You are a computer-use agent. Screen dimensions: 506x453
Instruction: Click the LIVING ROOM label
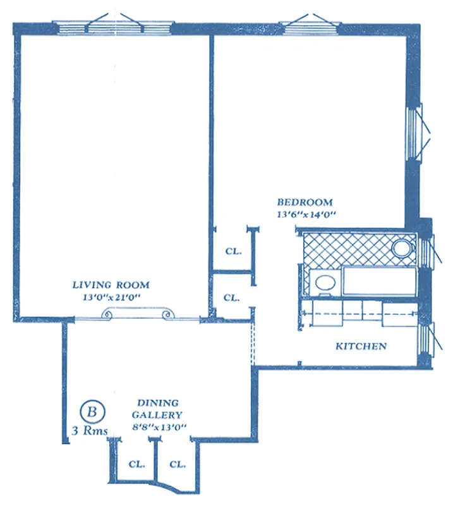tap(110, 285)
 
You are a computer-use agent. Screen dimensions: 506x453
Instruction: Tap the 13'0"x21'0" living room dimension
tap(110, 296)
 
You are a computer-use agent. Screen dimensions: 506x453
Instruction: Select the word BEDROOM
tap(305, 202)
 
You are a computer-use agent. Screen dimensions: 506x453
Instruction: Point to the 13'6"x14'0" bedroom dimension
tap(305, 214)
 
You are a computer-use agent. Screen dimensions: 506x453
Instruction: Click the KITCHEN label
tap(360, 346)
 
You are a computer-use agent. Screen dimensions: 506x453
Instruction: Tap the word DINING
tap(158, 403)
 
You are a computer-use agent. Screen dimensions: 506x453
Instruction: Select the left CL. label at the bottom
tap(136, 464)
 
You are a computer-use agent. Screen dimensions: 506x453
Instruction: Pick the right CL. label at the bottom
tap(177, 464)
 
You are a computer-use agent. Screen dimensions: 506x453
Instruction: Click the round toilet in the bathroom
tap(401, 248)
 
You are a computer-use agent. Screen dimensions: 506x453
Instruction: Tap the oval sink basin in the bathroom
tap(324, 283)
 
